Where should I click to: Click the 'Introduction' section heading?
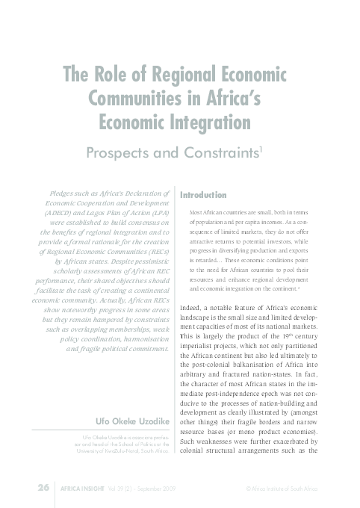point(204,195)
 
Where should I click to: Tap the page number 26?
point(43,487)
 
